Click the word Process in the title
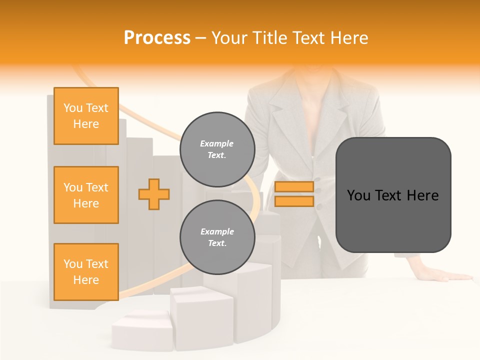pos(157,38)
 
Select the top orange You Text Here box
pos(86,116)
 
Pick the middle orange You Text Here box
pos(86,195)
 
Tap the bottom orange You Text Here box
pos(86,272)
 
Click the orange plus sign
pos(154,194)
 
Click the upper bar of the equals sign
pos(294,187)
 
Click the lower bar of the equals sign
pos(294,201)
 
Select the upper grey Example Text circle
pos(217,149)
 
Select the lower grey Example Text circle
pos(217,237)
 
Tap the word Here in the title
pos(349,38)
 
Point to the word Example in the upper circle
pos(217,143)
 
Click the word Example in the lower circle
pos(217,231)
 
